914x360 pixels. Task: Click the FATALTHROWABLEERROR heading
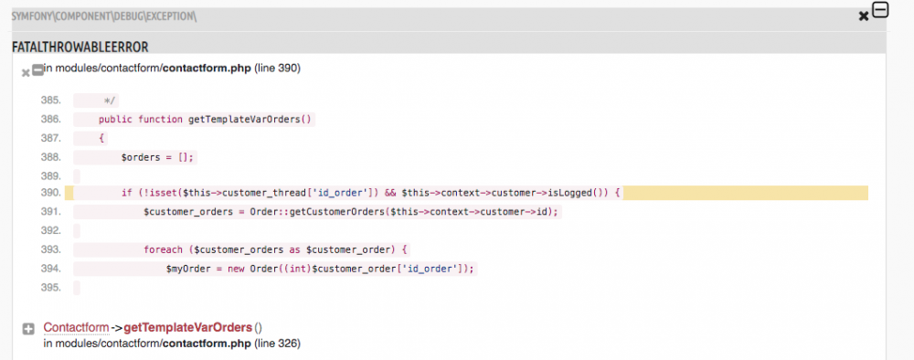tap(80, 47)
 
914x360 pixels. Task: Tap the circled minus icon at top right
tap(880, 10)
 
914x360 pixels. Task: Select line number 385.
tap(50, 100)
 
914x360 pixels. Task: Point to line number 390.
tap(50, 193)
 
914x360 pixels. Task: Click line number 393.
tap(50, 249)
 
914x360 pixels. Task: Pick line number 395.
tap(50, 287)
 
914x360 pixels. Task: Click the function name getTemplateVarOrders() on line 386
tap(250, 119)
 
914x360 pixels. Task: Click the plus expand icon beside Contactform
tap(28, 328)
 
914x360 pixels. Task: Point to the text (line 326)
tap(278, 344)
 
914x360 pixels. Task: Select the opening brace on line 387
tap(102, 138)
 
